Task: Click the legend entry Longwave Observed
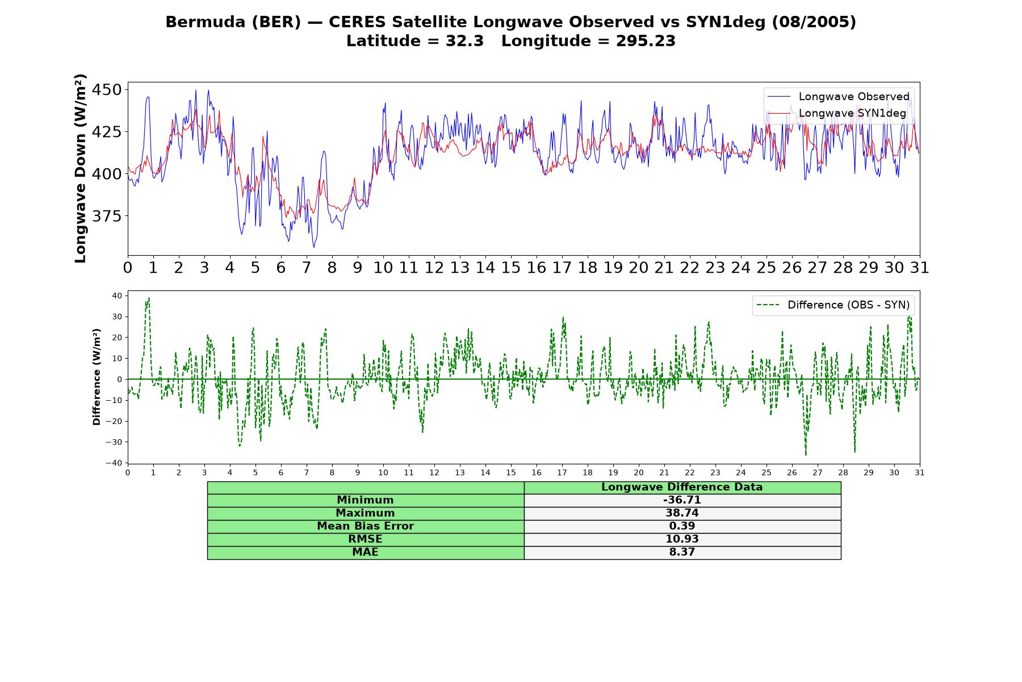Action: pos(838,97)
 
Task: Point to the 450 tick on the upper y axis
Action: pos(106,90)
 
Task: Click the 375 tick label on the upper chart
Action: pos(106,216)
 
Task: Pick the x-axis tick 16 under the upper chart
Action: pos(536,268)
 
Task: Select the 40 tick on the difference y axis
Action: pos(117,296)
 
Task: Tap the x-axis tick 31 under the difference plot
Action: pos(920,473)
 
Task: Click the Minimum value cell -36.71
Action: pos(682,500)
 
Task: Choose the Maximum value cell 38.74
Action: pos(682,513)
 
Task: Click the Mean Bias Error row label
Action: pos(365,526)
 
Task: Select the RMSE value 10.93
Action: pos(682,539)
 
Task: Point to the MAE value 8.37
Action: pos(682,552)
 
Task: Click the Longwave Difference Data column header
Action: pos(682,487)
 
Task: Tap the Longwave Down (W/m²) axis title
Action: pos(80,168)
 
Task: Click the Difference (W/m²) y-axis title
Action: pos(97,377)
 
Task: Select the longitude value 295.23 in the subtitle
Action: pos(646,41)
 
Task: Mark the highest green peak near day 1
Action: pos(149,298)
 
